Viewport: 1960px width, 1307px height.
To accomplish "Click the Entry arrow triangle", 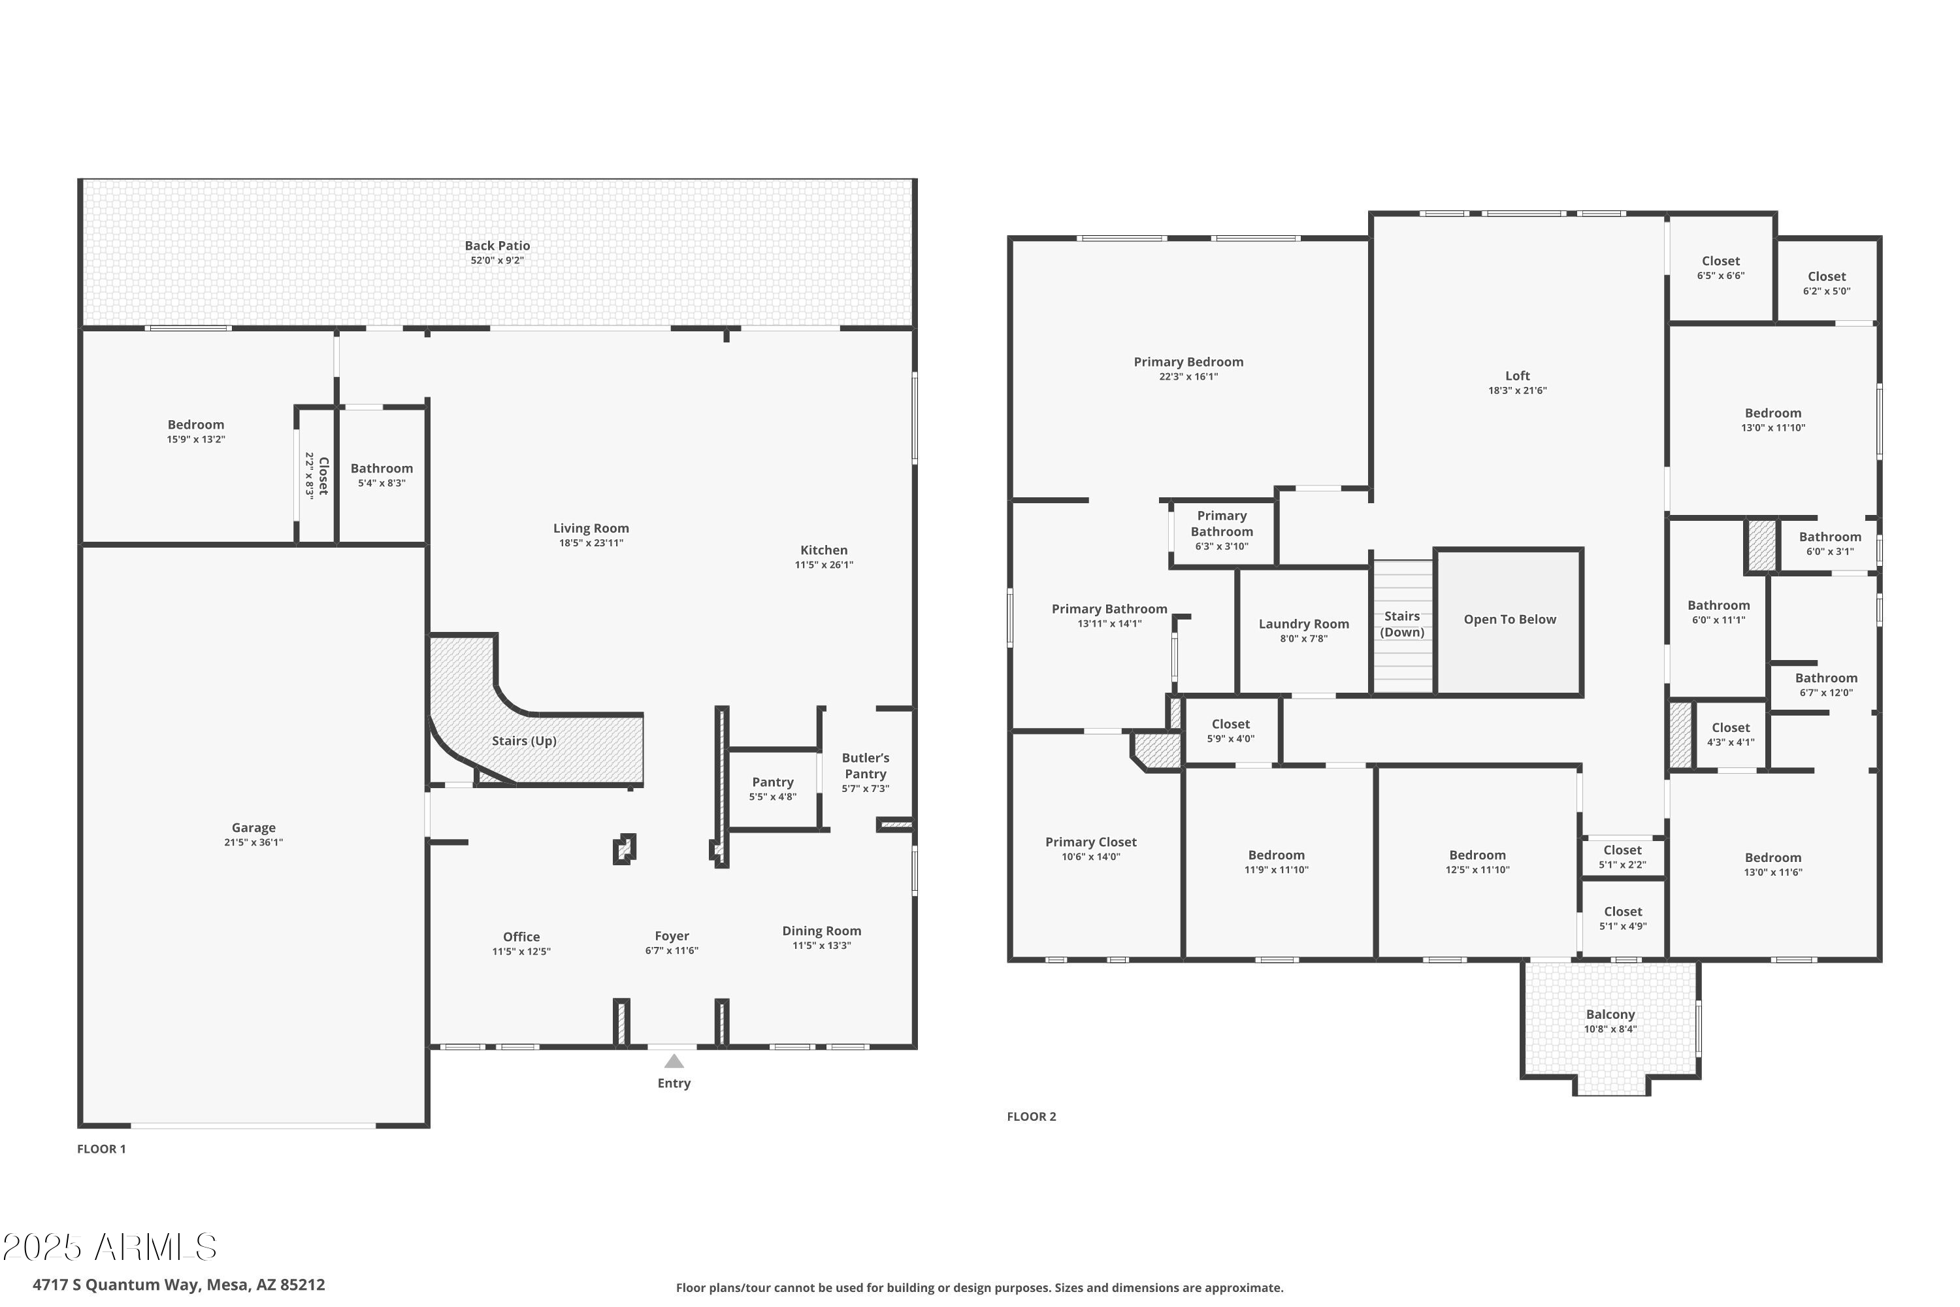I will (674, 1061).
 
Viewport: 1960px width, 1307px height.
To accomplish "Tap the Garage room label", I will (253, 828).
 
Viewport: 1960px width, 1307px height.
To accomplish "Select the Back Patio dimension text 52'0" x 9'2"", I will (497, 261).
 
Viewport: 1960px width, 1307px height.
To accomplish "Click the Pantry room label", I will (772, 782).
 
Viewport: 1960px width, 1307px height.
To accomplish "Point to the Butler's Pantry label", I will (865, 765).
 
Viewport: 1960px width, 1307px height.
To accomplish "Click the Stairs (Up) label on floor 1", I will (524, 741).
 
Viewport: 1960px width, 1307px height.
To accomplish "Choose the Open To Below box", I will (1509, 620).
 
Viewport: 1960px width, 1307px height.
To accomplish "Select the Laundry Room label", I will (1303, 624).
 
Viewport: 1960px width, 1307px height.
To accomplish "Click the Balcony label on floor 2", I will (1610, 1014).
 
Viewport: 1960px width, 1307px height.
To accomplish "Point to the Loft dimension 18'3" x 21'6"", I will (1518, 391).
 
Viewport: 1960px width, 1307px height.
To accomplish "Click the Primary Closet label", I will (1091, 842).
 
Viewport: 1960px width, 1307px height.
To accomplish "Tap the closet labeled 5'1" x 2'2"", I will (1622, 857).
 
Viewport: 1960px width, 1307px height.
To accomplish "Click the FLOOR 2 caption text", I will (1031, 1117).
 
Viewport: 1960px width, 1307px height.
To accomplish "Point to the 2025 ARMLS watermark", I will (109, 1248).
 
